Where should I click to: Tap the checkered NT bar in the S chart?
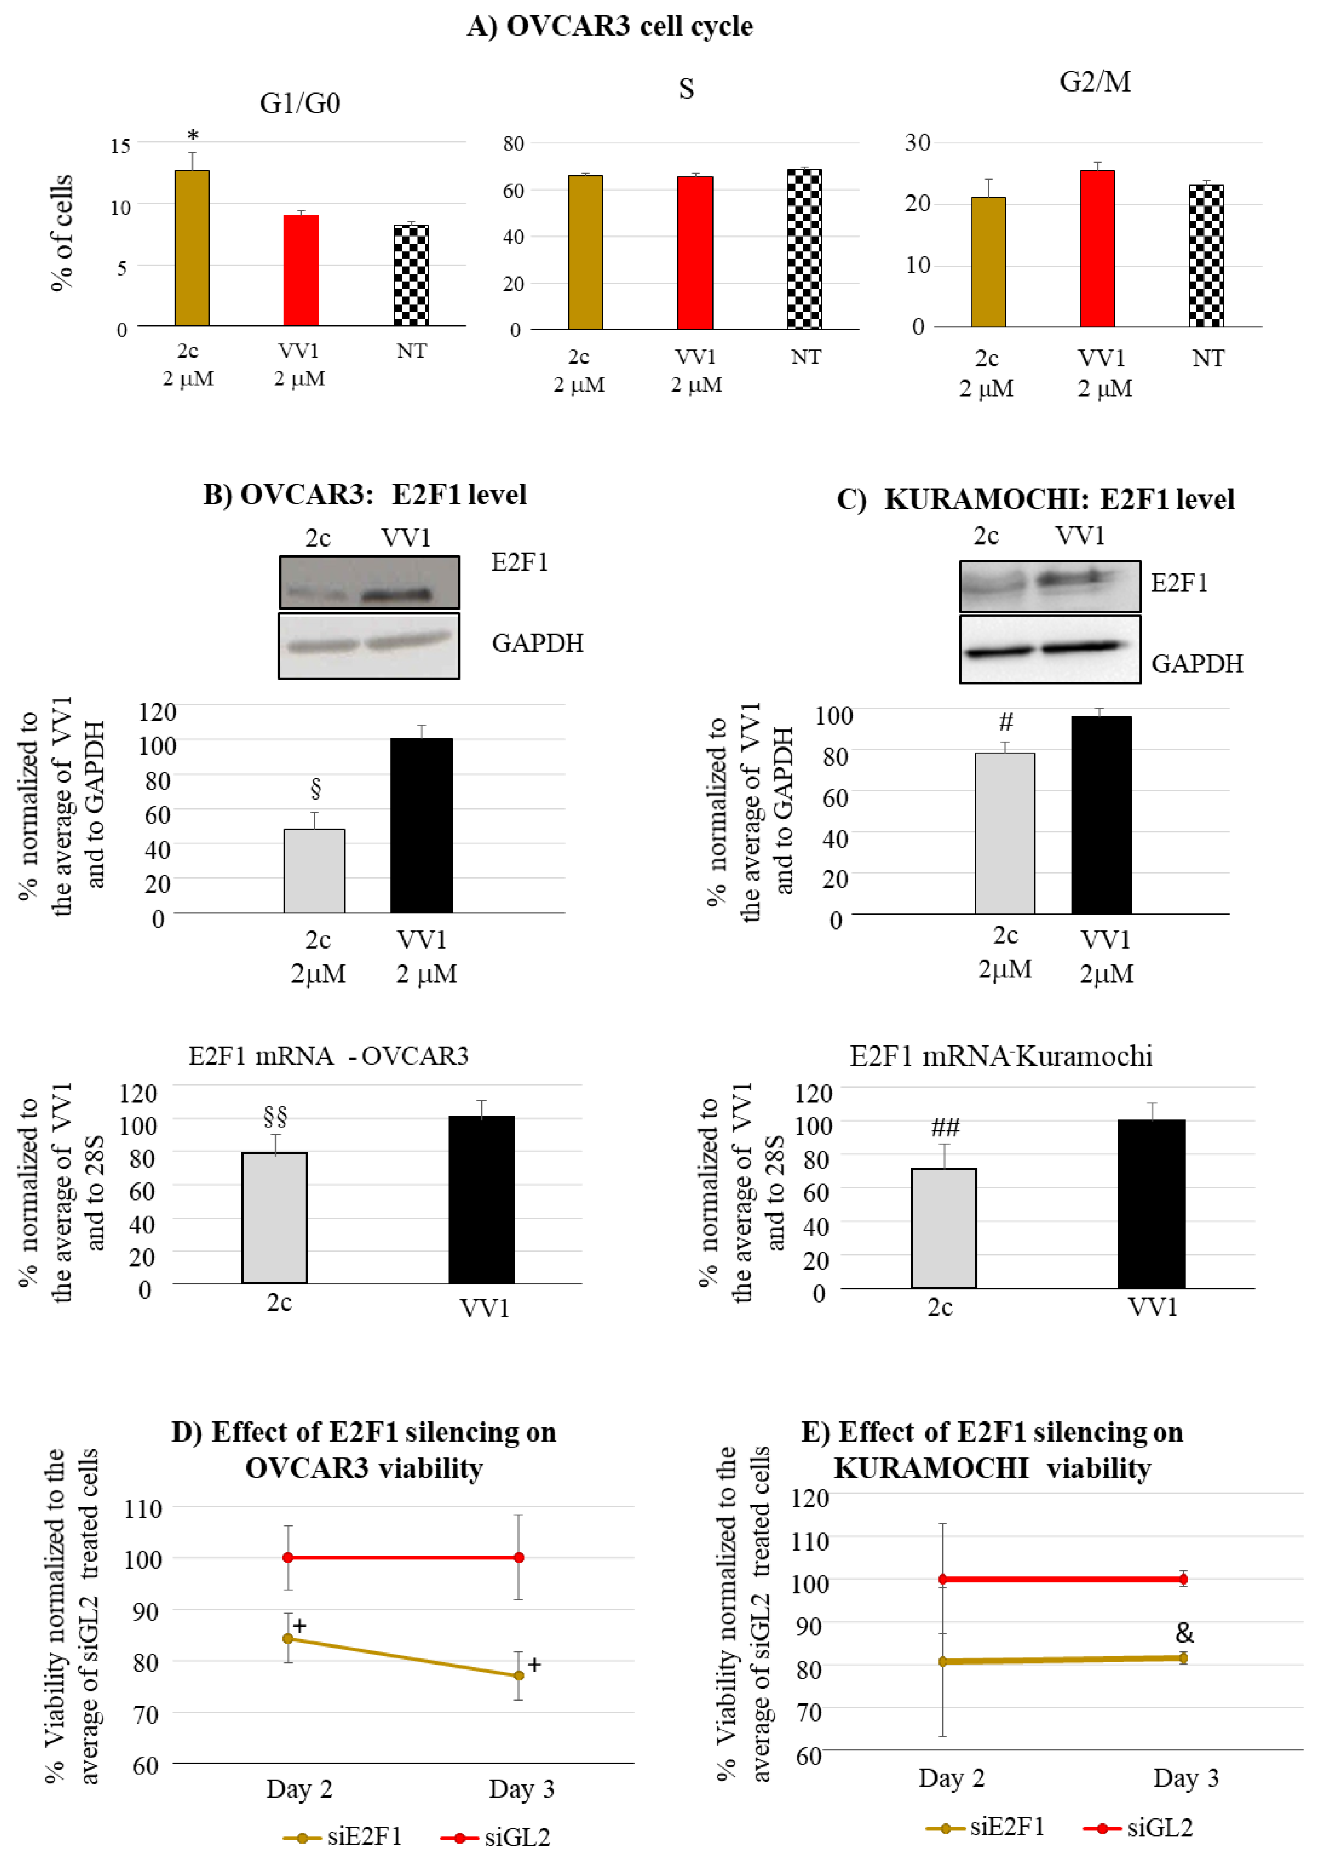click(x=804, y=249)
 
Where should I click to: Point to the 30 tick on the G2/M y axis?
click(x=918, y=143)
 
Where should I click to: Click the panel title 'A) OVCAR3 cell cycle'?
click(x=610, y=26)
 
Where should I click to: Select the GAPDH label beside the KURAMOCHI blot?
click(x=1196, y=664)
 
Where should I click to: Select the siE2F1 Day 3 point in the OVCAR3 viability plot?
click(x=519, y=1675)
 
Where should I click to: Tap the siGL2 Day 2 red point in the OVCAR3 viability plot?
click(x=288, y=1557)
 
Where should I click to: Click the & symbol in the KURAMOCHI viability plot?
click(x=1184, y=1632)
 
